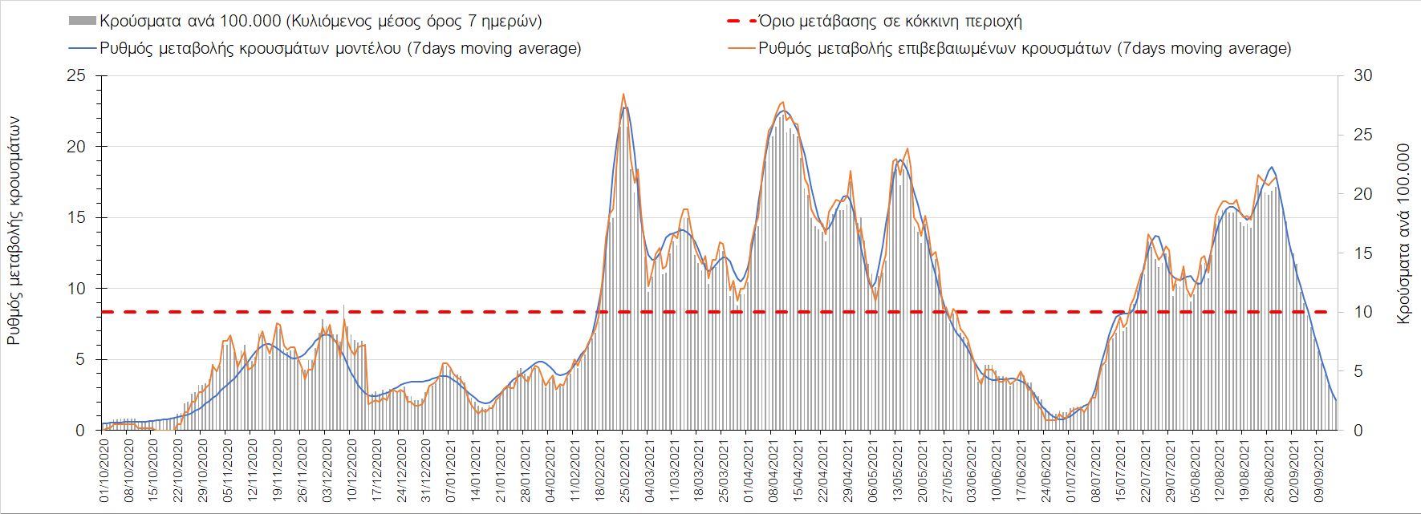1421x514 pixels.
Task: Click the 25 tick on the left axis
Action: click(76, 75)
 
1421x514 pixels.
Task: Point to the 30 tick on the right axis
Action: click(1362, 75)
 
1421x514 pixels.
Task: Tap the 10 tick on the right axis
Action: click(1362, 312)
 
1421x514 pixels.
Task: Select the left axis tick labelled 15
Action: click(76, 217)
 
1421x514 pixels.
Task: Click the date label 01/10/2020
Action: click(104, 469)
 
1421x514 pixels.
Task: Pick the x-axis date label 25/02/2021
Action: click(624, 469)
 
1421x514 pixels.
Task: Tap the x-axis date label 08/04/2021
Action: click(773, 469)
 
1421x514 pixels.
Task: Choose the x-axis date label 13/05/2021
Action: click(897, 469)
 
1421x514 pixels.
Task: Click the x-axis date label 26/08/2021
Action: click(1269, 469)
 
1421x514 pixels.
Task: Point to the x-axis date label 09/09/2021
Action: click(1318, 469)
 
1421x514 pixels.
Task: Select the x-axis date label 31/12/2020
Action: click(426, 469)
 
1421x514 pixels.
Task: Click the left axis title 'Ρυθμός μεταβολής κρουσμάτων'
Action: click(14, 231)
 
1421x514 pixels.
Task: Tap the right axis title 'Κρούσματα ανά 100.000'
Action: click(1403, 234)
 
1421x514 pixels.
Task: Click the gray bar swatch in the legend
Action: click(83, 21)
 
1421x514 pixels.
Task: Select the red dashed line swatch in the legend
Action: click(741, 21)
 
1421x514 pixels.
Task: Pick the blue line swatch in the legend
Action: click(83, 48)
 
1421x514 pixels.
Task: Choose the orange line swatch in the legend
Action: click(741, 48)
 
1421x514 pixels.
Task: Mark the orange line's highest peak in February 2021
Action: click(623, 94)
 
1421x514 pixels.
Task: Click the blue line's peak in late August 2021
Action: click(1272, 167)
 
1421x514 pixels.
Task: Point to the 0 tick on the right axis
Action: click(1358, 431)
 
